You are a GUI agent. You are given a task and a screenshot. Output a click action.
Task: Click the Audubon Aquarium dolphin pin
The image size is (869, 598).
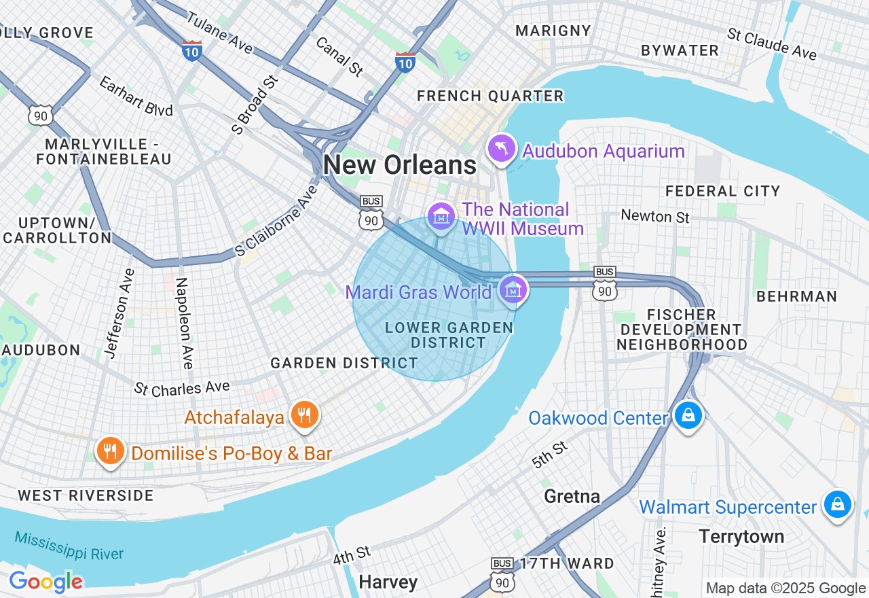click(x=502, y=149)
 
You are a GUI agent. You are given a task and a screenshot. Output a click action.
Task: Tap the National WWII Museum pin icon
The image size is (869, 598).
click(x=442, y=217)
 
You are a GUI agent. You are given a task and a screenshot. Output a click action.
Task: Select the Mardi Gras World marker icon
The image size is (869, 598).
click(x=513, y=290)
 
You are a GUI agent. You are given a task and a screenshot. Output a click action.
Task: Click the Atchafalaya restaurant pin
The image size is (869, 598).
click(x=304, y=415)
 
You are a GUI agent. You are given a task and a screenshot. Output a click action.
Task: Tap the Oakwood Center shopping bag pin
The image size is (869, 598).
click(x=688, y=415)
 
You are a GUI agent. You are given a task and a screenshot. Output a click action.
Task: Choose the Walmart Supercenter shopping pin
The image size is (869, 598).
click(x=837, y=504)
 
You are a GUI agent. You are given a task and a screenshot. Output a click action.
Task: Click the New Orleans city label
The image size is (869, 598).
click(x=400, y=165)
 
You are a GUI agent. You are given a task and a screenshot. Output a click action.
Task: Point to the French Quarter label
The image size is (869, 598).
click(x=490, y=96)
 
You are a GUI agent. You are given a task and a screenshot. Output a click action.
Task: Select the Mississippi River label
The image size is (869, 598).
click(x=69, y=545)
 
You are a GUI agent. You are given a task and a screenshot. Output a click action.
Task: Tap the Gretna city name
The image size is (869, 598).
click(x=572, y=497)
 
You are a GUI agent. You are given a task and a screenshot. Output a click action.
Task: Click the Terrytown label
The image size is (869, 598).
click(x=741, y=537)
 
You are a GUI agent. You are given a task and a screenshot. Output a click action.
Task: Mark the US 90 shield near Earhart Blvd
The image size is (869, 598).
click(x=41, y=115)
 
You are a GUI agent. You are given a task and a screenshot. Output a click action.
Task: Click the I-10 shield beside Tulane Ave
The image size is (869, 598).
click(x=192, y=50)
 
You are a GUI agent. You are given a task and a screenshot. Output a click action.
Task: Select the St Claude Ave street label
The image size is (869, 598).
click(x=771, y=44)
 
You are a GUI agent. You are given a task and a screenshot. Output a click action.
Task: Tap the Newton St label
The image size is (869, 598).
click(x=655, y=217)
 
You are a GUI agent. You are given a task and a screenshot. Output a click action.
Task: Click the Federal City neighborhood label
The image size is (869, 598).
click(x=723, y=191)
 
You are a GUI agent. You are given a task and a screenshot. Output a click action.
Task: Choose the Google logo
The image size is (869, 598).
click(x=45, y=582)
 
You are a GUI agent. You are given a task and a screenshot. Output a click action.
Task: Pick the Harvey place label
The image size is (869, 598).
click(x=388, y=582)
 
